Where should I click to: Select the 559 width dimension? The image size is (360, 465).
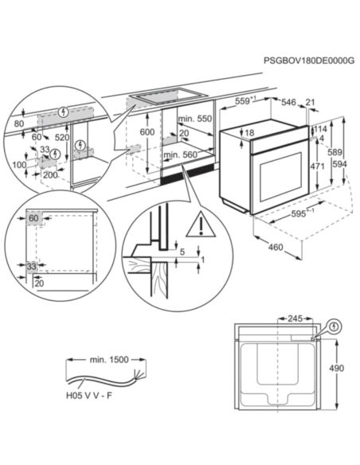click(x=244, y=101)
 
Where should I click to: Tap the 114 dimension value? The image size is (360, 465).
click(x=320, y=128)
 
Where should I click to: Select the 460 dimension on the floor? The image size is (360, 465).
click(x=275, y=248)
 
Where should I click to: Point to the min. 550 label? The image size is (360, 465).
click(x=198, y=119)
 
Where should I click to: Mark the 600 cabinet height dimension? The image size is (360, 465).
click(x=146, y=132)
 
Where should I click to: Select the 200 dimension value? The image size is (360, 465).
click(x=50, y=174)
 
